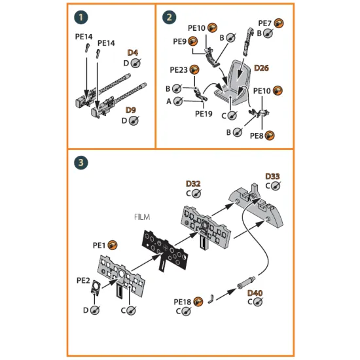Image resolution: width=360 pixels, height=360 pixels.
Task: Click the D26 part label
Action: coord(261,67)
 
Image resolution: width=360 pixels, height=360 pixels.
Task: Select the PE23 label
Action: coord(179,69)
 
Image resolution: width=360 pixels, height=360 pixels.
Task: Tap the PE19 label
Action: coord(204,112)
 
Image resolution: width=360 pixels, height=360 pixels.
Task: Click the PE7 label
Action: coord(266,23)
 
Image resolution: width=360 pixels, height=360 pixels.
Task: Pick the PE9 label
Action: coord(180,41)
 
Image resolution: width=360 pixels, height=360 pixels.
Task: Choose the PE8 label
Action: coord(258,135)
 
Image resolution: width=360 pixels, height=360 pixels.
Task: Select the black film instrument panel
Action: coord(162,249)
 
